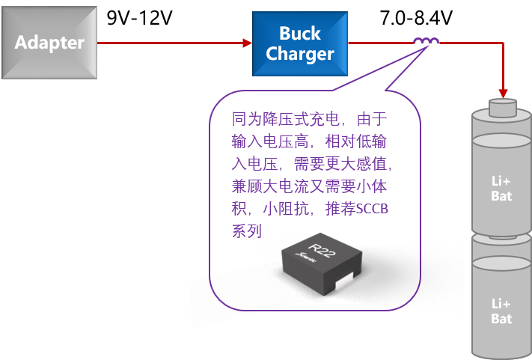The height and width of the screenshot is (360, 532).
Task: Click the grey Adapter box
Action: [49, 42]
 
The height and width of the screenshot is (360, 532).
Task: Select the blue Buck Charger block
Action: [299, 43]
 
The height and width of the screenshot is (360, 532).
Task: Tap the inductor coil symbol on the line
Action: [426, 41]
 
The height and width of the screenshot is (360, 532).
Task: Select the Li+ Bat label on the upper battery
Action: [501, 189]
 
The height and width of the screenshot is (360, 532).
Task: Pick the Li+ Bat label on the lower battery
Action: [501, 311]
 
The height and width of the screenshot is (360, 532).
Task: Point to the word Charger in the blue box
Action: [299, 54]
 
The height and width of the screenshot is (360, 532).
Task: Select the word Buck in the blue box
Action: [299, 33]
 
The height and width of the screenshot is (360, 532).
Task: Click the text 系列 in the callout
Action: [247, 231]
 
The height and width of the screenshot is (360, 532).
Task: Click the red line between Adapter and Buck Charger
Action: [172, 43]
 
